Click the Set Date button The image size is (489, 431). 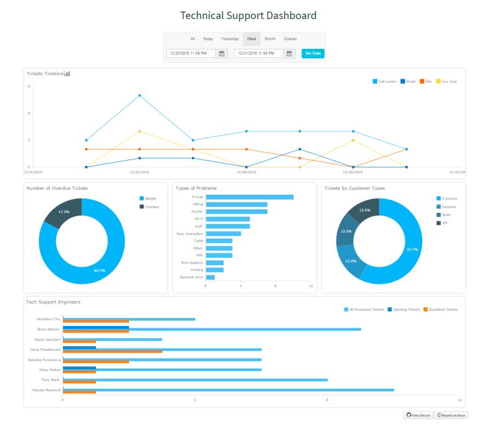[x=313, y=54]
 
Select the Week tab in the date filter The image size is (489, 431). [x=251, y=39]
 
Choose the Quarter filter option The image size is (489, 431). [x=290, y=39]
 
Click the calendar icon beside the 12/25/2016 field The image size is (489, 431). [x=222, y=54]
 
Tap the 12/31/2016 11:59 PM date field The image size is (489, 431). [x=259, y=54]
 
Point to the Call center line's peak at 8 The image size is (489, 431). [x=139, y=95]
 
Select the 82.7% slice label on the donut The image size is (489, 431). [x=98, y=270]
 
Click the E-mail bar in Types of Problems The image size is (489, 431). [x=249, y=197]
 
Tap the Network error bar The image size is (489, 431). [x=210, y=277]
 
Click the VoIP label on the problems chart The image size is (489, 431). [x=199, y=226]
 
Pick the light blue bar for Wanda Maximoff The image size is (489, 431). [x=228, y=389]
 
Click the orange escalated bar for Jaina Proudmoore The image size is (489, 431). [x=112, y=352]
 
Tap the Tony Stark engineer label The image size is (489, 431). [x=50, y=380]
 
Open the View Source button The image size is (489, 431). [x=419, y=415]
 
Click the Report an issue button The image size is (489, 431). [x=452, y=415]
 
